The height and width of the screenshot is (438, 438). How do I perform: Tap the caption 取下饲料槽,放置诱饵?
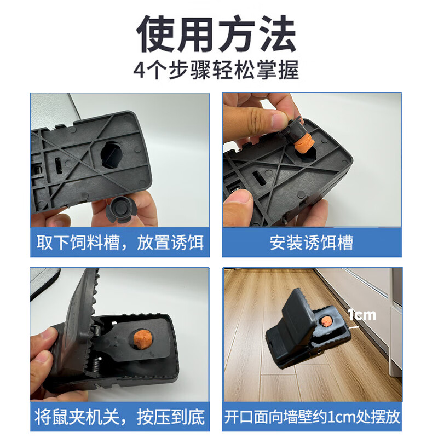[120, 242]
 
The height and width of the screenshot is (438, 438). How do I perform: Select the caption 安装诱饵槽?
[312, 242]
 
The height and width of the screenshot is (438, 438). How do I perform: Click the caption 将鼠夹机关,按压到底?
[120, 418]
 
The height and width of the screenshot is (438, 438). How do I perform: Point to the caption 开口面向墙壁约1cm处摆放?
[312, 418]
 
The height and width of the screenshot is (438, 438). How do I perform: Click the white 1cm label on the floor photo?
[362, 314]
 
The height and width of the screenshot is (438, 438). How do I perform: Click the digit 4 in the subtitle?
[140, 72]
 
